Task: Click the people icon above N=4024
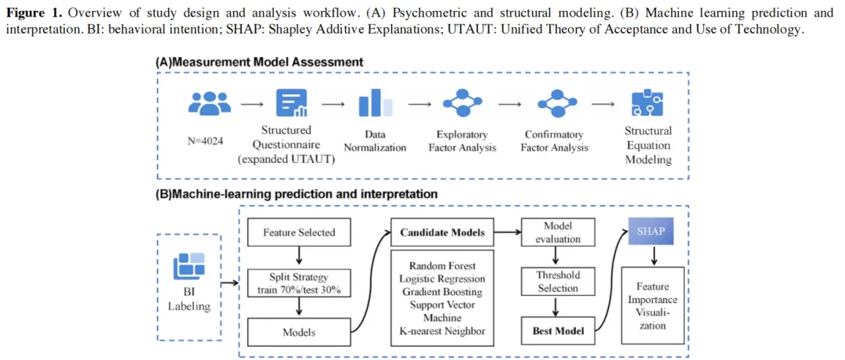point(210,103)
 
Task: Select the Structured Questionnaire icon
point(292,103)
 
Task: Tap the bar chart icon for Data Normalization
point(375,103)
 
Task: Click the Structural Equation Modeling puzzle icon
point(647,103)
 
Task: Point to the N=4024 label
point(208,142)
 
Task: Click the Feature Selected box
point(299,232)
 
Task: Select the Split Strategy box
point(299,283)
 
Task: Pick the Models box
point(299,332)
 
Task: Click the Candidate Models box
point(442,232)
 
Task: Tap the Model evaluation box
point(557,232)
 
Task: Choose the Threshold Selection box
point(557,282)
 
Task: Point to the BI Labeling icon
point(189,265)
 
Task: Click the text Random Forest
point(442,265)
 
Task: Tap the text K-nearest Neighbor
point(442,331)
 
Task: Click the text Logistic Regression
point(442,279)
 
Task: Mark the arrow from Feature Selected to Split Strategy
point(299,255)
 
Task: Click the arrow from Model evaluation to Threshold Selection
point(557,257)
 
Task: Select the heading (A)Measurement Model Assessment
point(259,61)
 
